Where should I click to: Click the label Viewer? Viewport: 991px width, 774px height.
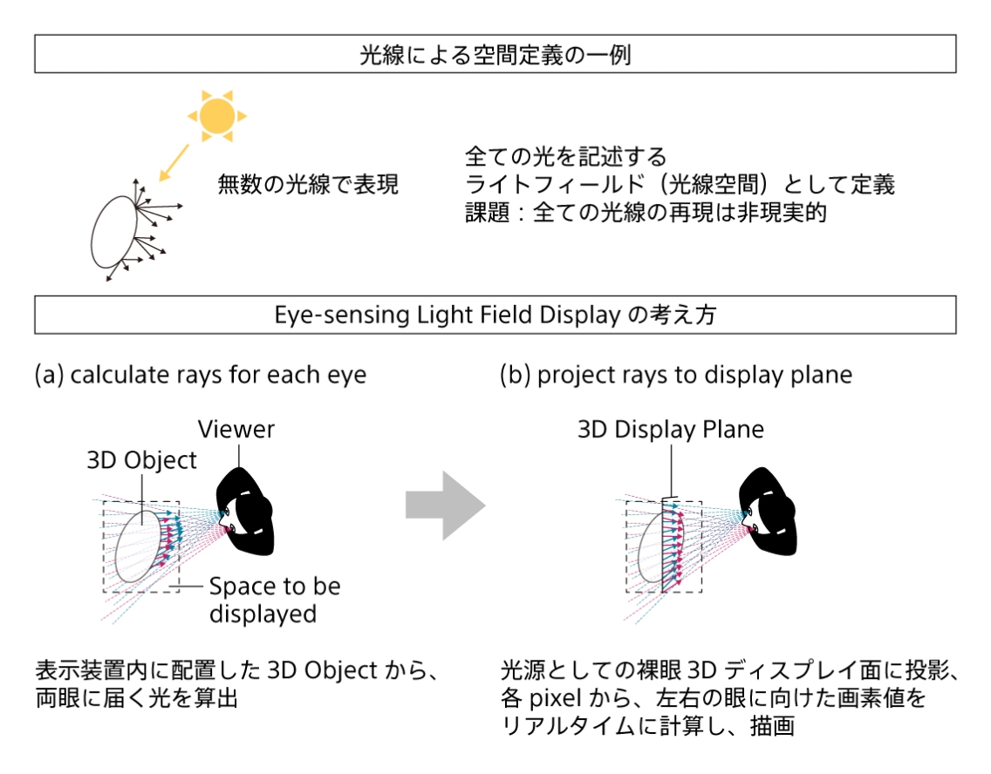tap(236, 430)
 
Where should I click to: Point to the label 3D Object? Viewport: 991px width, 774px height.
tap(142, 460)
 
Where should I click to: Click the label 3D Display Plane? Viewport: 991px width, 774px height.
tap(670, 430)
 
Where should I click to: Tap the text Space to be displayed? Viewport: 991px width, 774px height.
tap(274, 600)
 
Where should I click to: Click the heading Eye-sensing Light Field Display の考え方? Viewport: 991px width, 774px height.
tap(495, 315)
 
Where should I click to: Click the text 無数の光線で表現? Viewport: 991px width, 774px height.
tap(308, 185)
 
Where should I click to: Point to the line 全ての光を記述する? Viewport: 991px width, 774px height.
tap(566, 157)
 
